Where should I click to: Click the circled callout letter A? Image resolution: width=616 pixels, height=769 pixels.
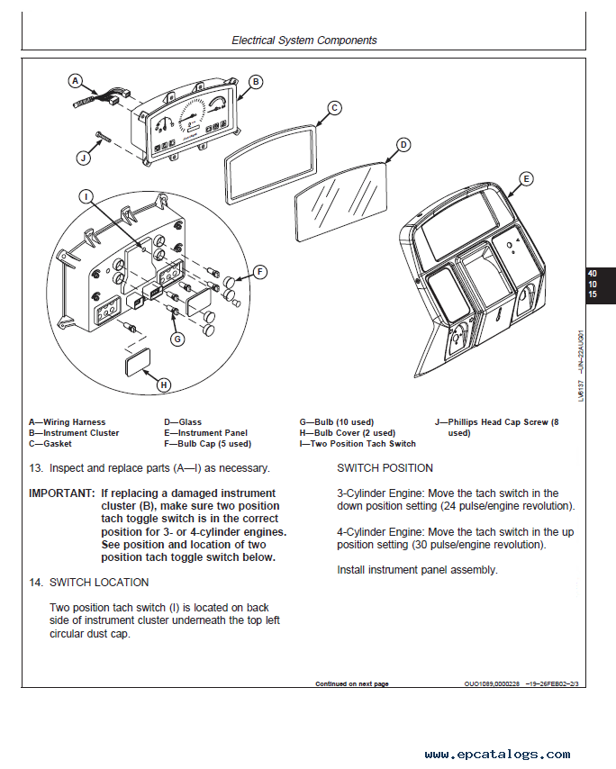tap(76, 80)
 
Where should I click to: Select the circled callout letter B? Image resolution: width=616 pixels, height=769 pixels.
tap(255, 82)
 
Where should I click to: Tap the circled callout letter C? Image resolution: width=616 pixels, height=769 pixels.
tap(334, 108)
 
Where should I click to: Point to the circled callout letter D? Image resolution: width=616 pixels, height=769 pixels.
tap(403, 144)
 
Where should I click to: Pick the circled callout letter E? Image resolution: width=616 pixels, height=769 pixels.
tap(527, 178)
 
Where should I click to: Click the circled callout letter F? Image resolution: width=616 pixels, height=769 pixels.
tap(259, 271)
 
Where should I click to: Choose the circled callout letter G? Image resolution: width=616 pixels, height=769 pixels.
tap(177, 339)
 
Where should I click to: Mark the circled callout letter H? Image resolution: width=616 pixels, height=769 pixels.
tap(163, 384)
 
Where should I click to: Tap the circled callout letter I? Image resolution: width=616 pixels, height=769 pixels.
tap(85, 195)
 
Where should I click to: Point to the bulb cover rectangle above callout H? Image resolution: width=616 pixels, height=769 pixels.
tap(138, 363)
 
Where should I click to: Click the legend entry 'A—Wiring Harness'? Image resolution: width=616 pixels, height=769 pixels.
tap(68, 421)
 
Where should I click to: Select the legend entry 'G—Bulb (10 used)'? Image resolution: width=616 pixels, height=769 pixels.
tap(336, 421)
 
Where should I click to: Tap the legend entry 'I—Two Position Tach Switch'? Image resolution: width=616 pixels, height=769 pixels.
tap(358, 443)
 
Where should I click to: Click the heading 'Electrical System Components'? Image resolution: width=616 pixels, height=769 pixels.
tap(304, 41)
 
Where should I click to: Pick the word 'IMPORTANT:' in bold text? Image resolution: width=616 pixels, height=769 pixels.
tap(60, 493)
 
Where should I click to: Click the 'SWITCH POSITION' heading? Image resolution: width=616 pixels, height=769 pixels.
tap(385, 468)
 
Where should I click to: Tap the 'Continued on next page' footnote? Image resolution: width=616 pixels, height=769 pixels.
tap(351, 683)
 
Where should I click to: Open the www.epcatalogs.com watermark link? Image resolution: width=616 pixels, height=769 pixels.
tap(497, 755)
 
